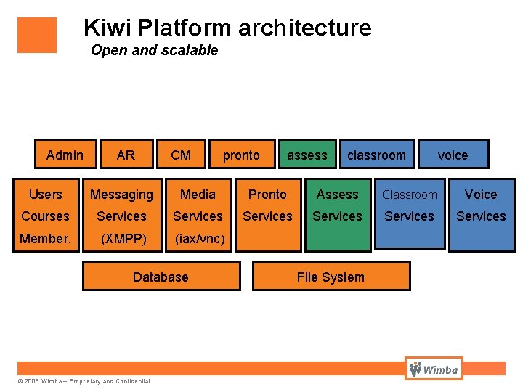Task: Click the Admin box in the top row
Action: [65, 154]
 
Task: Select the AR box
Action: [126, 154]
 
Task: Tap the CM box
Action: [181, 154]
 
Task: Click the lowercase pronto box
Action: [242, 154]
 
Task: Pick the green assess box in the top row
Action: [307, 154]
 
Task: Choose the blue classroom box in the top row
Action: [377, 154]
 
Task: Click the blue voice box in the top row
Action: [453, 154]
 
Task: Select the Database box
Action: [161, 277]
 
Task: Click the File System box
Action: [331, 277]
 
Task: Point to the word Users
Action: [45, 195]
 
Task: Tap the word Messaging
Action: [121, 195]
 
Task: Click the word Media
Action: [198, 195]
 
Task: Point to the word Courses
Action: [45, 216]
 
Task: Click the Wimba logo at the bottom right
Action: [434, 369]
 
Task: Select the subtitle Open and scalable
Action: [154, 50]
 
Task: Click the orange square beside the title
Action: [37, 35]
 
